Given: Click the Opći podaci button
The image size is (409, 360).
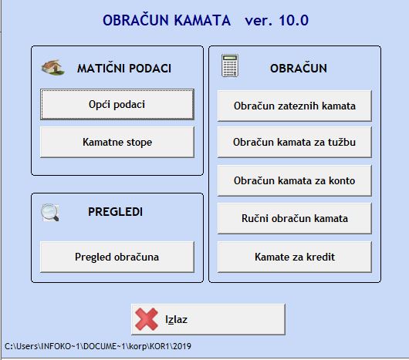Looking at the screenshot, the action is [x=117, y=105].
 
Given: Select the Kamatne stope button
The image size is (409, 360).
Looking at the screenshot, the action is [x=117, y=143].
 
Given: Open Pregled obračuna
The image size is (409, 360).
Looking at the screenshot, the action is [x=117, y=257].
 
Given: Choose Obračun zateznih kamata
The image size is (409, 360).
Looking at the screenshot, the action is [x=295, y=106].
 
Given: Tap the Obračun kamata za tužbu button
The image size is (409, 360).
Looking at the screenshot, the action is [x=295, y=143].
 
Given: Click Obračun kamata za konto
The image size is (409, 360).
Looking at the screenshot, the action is [x=295, y=180].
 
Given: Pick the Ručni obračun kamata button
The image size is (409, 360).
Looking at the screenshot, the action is [x=295, y=218].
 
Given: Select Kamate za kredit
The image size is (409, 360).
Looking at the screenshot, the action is [x=295, y=257].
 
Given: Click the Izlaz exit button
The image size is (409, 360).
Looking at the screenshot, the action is [x=208, y=319].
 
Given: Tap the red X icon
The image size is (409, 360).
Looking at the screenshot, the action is [x=147, y=319].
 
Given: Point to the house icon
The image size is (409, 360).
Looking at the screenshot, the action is [x=53, y=68].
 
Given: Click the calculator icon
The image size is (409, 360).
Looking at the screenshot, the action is [x=230, y=66].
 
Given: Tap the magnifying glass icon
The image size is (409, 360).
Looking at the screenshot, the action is [x=50, y=212].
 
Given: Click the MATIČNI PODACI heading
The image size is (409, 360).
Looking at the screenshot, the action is [x=124, y=69].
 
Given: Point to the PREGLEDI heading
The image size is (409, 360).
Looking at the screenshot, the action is [x=115, y=212].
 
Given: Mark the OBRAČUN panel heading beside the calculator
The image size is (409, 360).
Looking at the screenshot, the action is [x=299, y=69].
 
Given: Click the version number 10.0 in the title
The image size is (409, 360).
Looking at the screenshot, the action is [x=294, y=20].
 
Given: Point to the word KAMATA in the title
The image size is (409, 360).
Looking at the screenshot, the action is [x=202, y=20].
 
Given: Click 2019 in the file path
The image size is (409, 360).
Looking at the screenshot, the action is [x=182, y=346].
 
